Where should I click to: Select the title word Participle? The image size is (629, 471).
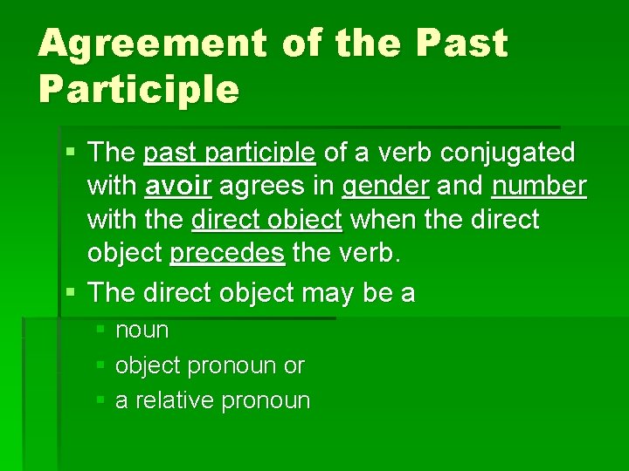[138, 89]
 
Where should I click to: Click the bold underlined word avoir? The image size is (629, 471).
[179, 186]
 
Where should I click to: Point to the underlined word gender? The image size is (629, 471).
[384, 186]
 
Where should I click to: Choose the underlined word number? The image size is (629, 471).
[539, 186]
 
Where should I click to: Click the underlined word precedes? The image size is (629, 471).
[227, 253]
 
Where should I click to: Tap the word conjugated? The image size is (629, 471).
[508, 153]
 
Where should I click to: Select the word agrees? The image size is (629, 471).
[256, 186]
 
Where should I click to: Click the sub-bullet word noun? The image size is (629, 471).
[142, 331]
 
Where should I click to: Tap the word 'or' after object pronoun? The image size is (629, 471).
[294, 366]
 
